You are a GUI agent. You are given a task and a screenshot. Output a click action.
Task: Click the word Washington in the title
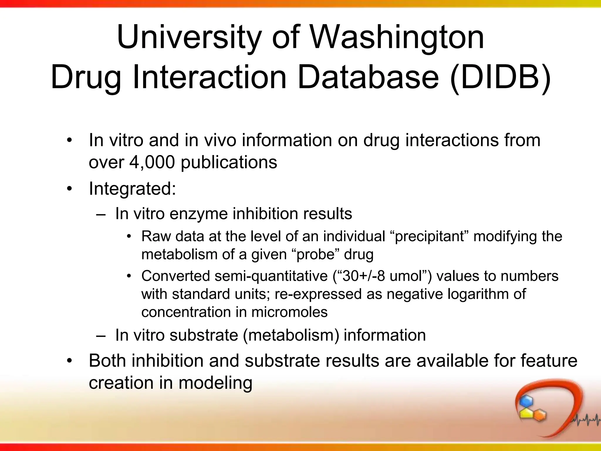click(x=397, y=37)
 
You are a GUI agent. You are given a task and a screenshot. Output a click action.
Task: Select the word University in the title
click(x=189, y=37)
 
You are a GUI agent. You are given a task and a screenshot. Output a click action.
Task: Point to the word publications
click(x=229, y=163)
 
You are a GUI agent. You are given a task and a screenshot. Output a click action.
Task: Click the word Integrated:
click(x=132, y=189)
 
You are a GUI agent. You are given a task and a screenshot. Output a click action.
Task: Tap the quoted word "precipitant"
click(x=429, y=236)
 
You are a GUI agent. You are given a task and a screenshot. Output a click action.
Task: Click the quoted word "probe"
click(x=315, y=254)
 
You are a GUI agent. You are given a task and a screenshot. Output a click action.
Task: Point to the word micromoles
click(x=289, y=312)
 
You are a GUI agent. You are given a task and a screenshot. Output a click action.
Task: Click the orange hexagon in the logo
click(x=539, y=415)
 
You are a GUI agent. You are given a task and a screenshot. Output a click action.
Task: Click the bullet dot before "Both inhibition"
click(x=69, y=361)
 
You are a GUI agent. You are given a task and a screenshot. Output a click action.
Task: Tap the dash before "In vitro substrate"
click(x=100, y=336)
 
